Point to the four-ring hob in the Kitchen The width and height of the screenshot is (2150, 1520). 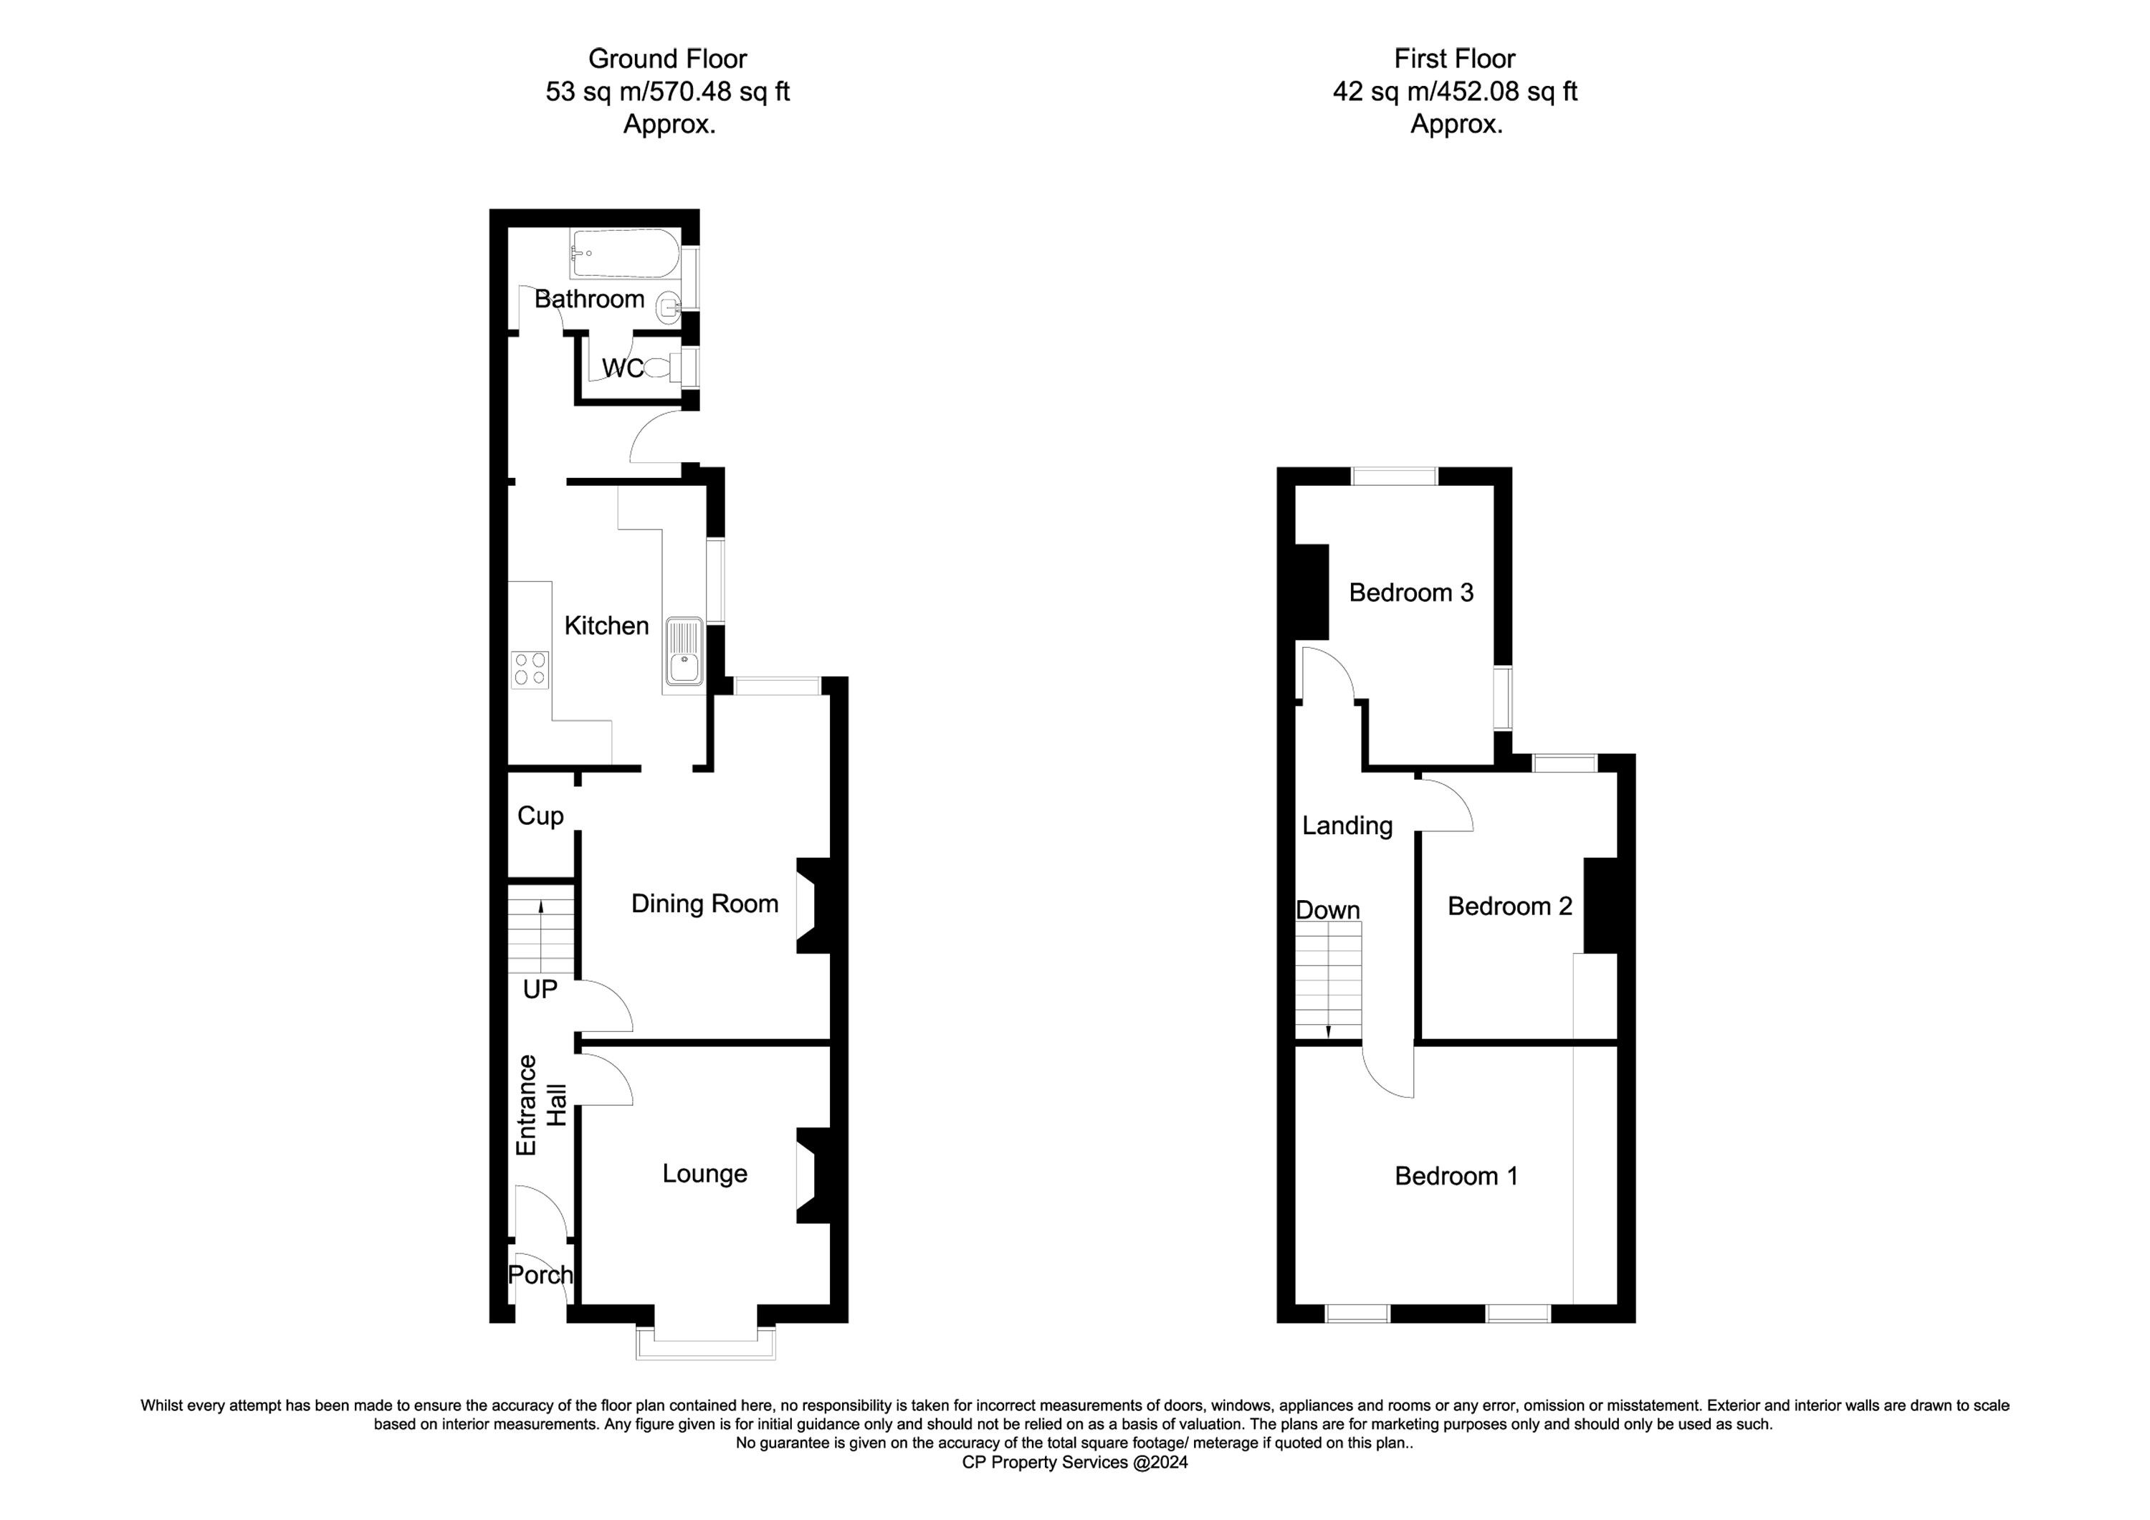[x=530, y=669]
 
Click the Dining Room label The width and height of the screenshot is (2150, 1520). [x=704, y=903]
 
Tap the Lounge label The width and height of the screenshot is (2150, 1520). [x=704, y=1172]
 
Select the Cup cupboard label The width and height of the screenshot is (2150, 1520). [x=540, y=816]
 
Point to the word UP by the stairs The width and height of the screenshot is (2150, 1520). [x=540, y=989]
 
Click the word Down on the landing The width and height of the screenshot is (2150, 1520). [x=1328, y=909]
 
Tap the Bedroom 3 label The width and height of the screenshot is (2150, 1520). [x=1411, y=592]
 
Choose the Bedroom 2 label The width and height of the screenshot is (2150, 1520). [x=1509, y=906]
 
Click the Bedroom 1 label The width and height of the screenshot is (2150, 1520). [x=1456, y=1175]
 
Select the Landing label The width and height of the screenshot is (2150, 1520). [x=1347, y=825]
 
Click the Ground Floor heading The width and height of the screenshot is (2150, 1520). [x=668, y=58]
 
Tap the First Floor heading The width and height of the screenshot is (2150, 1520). [x=1454, y=58]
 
